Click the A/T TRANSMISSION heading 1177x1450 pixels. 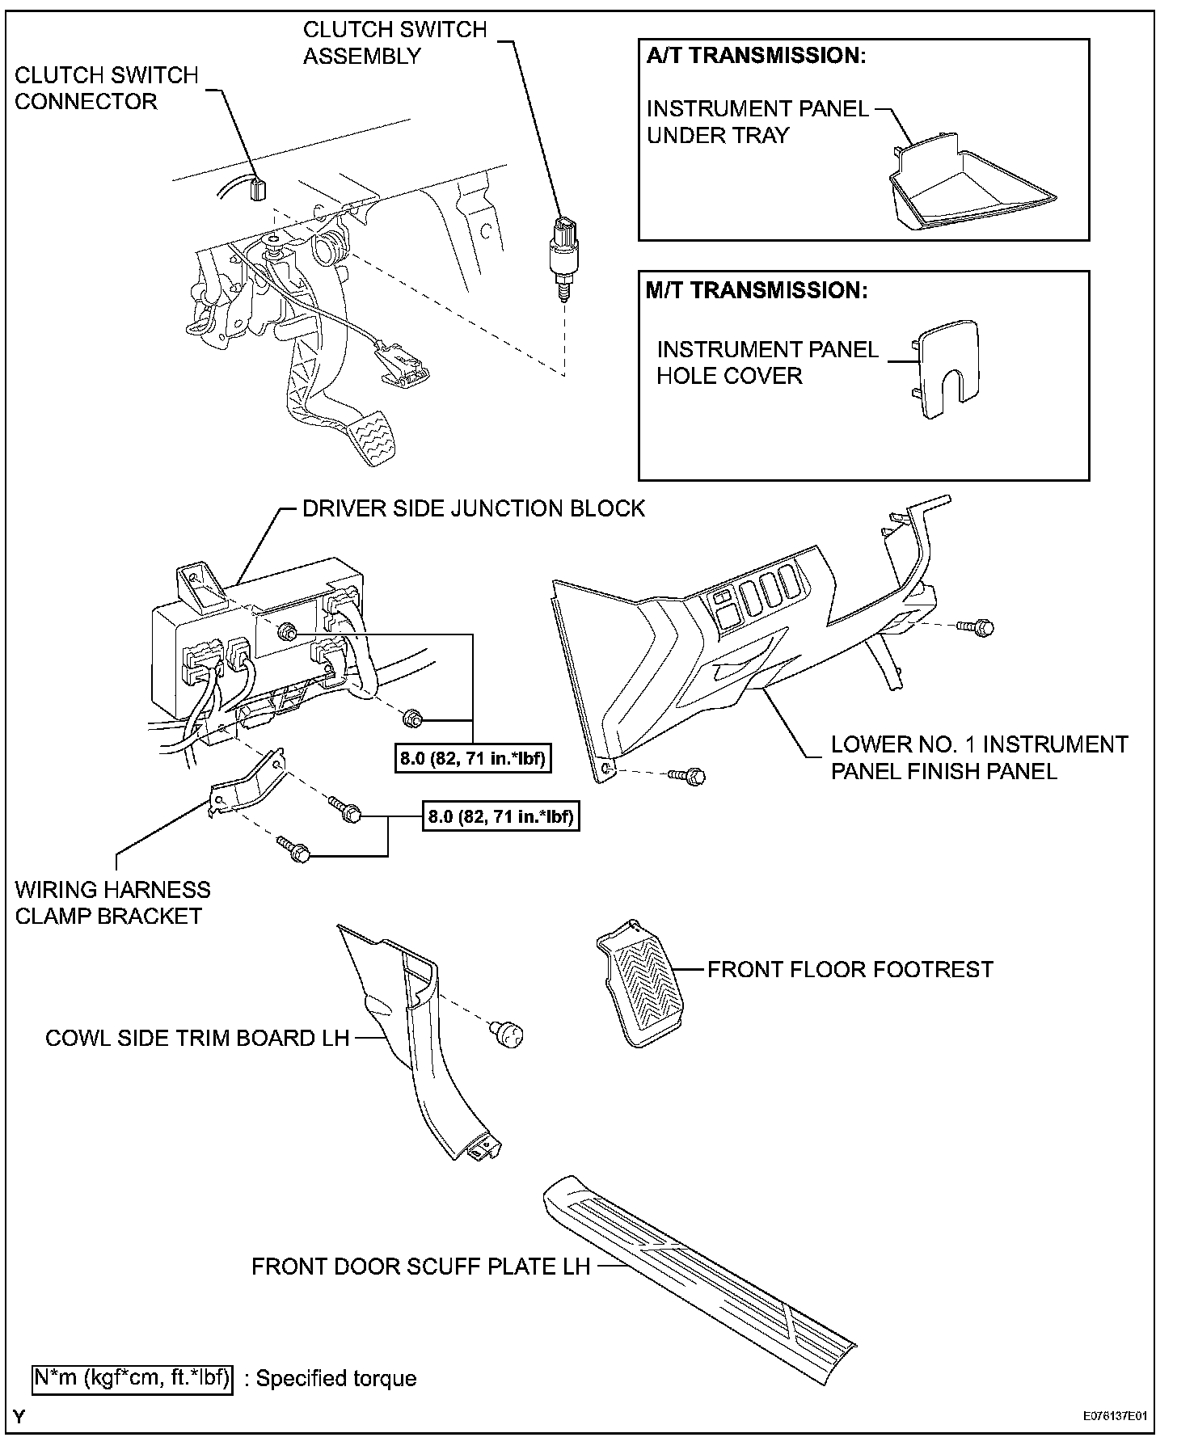(757, 56)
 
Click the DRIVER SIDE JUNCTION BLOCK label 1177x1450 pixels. (473, 508)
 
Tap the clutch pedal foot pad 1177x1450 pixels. (385, 437)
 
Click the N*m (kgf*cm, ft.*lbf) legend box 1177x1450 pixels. (132, 1377)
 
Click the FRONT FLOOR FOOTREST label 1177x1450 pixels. (850, 969)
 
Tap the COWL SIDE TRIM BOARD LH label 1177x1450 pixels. (197, 1038)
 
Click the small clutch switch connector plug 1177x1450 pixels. (259, 188)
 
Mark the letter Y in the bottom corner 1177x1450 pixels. (19, 1416)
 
